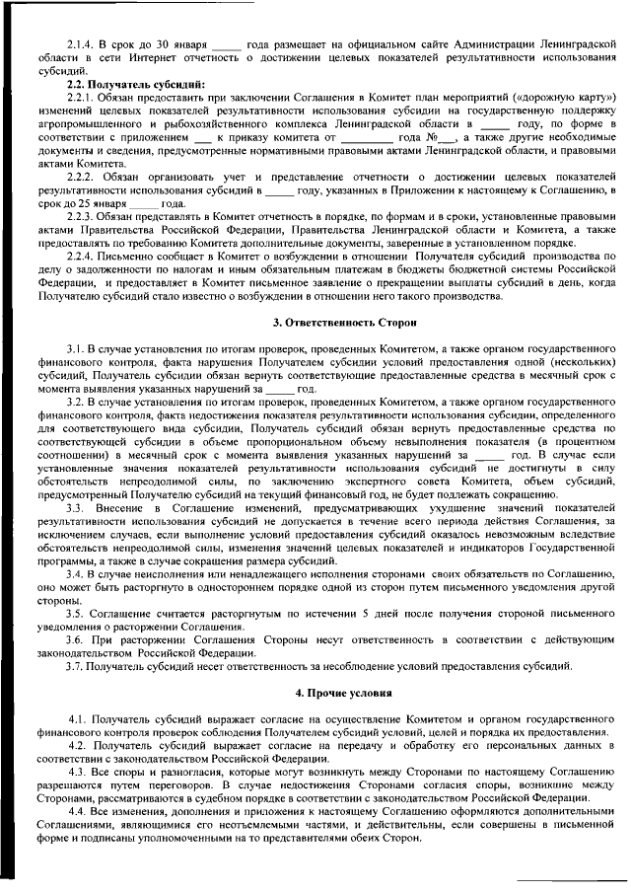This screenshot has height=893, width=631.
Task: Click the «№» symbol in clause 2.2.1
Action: pyautogui.click(x=437, y=137)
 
